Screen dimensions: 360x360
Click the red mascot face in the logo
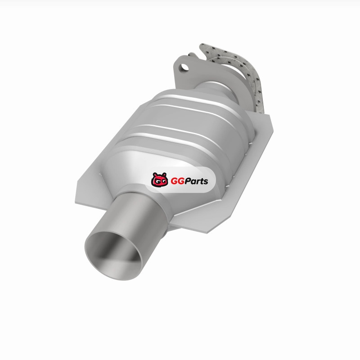tap(159, 180)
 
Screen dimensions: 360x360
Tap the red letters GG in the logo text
tap(176, 181)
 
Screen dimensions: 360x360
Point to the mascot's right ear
tap(164, 175)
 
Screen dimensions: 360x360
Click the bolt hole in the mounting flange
tap(184, 67)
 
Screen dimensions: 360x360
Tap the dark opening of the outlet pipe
tap(115, 255)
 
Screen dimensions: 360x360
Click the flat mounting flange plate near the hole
tap(181, 76)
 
